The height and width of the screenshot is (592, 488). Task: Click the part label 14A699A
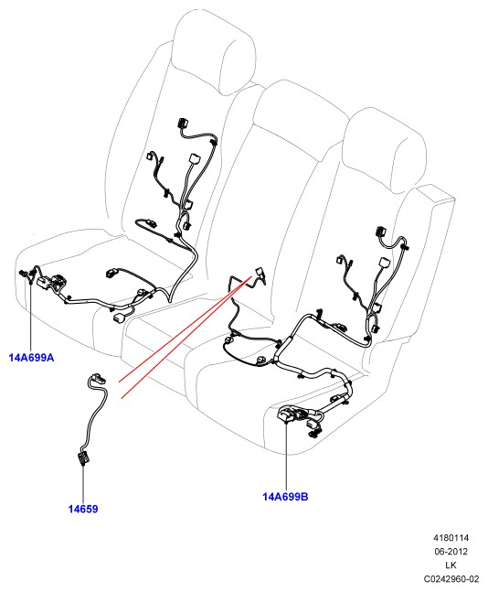pos(31,358)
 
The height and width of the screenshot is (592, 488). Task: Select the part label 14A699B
pos(285,497)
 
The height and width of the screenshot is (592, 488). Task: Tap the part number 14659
pos(83,509)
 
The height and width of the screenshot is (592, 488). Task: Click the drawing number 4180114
pos(451,538)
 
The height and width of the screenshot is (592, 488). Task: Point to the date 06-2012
pos(451,552)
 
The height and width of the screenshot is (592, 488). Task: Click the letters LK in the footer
pos(451,565)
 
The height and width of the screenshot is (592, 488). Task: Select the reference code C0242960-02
pos(451,579)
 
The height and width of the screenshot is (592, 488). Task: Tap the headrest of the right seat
pos(385,151)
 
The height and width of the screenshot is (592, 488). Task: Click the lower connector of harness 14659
pos(84,457)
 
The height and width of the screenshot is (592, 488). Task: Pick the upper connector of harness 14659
pos(97,379)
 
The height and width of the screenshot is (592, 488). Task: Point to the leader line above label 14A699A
pos(30,316)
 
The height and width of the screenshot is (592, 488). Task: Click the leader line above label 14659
pos(83,484)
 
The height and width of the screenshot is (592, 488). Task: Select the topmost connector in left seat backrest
pos(184,124)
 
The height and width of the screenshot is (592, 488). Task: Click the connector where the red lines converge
pos(260,273)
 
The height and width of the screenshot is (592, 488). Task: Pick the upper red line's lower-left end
pos(119,382)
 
